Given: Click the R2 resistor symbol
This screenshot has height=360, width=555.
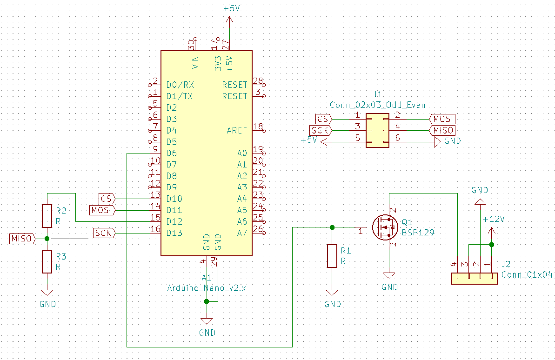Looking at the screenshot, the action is (x=47, y=215).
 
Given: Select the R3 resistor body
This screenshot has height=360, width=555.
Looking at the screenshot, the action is (x=47, y=261).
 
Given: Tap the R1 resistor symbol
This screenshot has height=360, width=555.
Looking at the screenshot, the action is (x=332, y=255).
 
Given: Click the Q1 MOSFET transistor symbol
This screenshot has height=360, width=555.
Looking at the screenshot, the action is (x=385, y=227).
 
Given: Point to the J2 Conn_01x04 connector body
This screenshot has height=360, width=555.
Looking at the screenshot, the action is (x=475, y=279).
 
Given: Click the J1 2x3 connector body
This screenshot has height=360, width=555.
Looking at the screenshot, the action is (x=377, y=130).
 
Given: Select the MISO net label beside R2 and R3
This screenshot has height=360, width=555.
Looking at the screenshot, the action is (x=22, y=239).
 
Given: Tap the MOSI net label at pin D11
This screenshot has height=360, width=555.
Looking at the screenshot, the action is (x=102, y=210).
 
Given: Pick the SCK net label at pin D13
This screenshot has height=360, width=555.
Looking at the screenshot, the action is (x=104, y=233).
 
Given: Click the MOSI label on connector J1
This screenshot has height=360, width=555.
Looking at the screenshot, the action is (x=442, y=119).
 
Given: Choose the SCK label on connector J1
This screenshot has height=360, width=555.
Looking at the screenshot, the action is (x=321, y=131).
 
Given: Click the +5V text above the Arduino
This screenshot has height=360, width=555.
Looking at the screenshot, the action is (x=232, y=8).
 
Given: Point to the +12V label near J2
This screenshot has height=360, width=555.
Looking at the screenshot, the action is (x=494, y=219).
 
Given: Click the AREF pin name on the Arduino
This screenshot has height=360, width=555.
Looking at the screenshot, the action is (x=237, y=130).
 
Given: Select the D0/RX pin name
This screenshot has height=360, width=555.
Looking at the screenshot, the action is (x=180, y=85).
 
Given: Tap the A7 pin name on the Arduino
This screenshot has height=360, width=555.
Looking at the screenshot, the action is (x=242, y=233).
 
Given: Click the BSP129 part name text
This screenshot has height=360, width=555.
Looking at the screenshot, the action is (x=418, y=232).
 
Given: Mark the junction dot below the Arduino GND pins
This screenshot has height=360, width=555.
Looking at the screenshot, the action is (x=207, y=301).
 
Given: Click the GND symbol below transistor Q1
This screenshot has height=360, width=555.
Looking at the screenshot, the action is (x=389, y=275).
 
